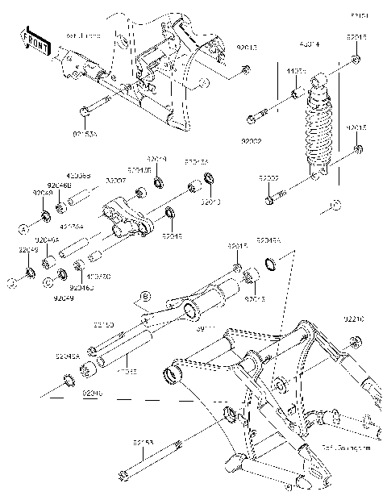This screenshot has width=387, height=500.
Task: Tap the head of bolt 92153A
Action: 83,110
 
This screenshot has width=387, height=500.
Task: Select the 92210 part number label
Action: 377,319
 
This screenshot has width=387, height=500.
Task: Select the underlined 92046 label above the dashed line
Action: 92,392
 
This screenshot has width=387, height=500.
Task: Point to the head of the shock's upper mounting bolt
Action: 252,119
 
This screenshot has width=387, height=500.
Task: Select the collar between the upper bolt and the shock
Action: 295,95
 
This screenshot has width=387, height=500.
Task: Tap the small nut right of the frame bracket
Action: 243,74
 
